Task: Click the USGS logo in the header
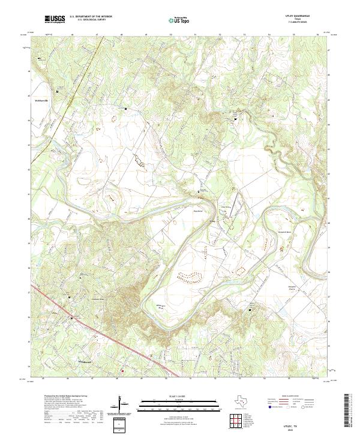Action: click(x=55, y=20)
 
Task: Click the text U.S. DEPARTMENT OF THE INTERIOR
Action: click(x=91, y=17)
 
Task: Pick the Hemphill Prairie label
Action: click(x=254, y=287)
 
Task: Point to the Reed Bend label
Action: click(x=197, y=211)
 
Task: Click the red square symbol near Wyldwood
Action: click(x=122, y=371)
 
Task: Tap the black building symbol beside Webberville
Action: click(x=58, y=91)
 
